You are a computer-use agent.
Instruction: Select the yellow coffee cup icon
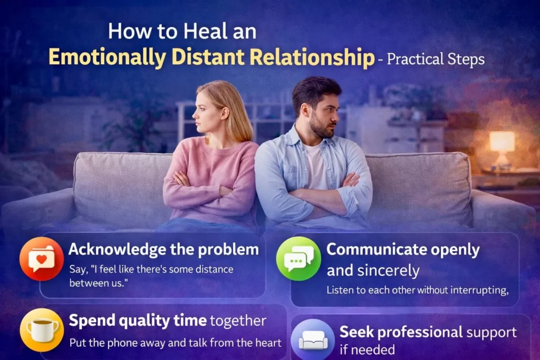click(42, 330)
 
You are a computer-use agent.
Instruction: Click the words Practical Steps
click(436, 59)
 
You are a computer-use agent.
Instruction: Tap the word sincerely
click(387, 271)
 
